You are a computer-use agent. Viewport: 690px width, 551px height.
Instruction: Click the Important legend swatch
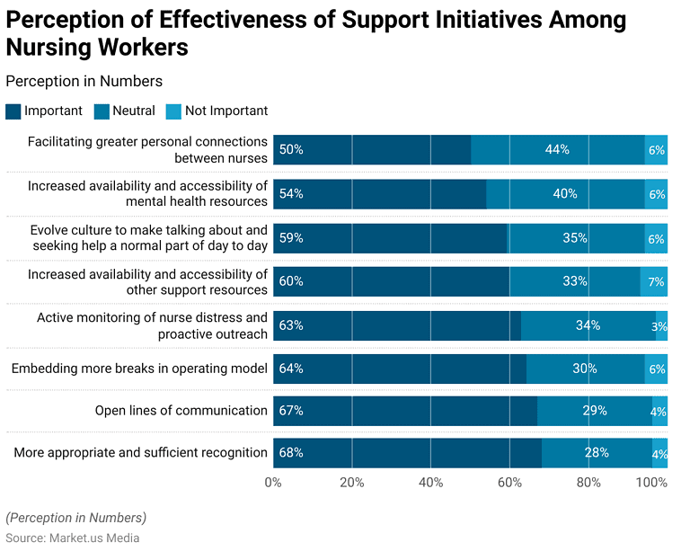click(13, 111)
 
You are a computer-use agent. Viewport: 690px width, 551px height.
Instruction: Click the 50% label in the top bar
click(291, 150)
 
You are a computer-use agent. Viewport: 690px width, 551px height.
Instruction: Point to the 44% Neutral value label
click(557, 150)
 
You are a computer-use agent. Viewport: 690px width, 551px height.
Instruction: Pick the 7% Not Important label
click(657, 282)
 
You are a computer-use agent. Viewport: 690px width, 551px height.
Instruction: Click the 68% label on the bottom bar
click(291, 453)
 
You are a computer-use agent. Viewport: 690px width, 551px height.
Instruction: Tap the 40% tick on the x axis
click(430, 483)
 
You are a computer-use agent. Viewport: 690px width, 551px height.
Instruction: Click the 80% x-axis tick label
click(588, 483)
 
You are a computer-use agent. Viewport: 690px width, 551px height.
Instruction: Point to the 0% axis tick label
click(273, 483)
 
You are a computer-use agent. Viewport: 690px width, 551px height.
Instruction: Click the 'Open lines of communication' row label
click(181, 411)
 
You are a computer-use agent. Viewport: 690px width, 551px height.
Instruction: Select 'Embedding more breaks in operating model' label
click(139, 369)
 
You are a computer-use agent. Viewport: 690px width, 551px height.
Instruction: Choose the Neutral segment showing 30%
click(585, 369)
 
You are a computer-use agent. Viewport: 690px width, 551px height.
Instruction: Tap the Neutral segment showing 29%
click(594, 411)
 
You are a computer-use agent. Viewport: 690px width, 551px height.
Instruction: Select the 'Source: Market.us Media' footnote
click(73, 538)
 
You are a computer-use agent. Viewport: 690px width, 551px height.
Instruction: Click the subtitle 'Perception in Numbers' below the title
click(84, 81)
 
